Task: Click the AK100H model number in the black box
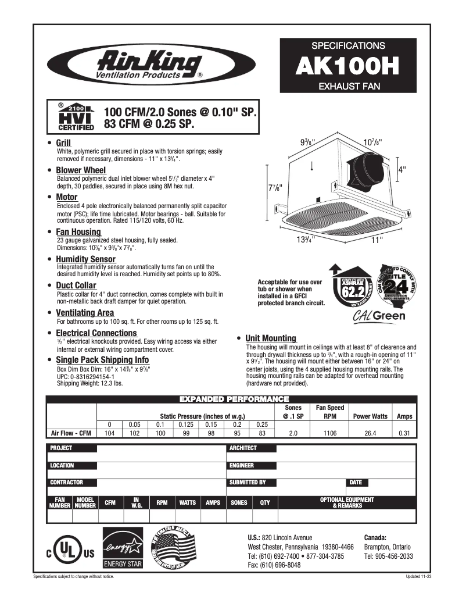click(347, 66)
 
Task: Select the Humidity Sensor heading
click(85, 259)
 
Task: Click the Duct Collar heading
click(76, 286)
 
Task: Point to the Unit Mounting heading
click(270, 338)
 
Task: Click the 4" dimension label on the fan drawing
click(402, 170)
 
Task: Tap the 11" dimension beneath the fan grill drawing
click(378, 238)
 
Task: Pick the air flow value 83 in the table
click(262, 433)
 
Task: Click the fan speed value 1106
click(329, 433)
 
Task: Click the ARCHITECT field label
click(243, 448)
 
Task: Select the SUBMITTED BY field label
click(248, 482)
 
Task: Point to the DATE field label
click(356, 482)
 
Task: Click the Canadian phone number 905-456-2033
click(388, 556)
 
